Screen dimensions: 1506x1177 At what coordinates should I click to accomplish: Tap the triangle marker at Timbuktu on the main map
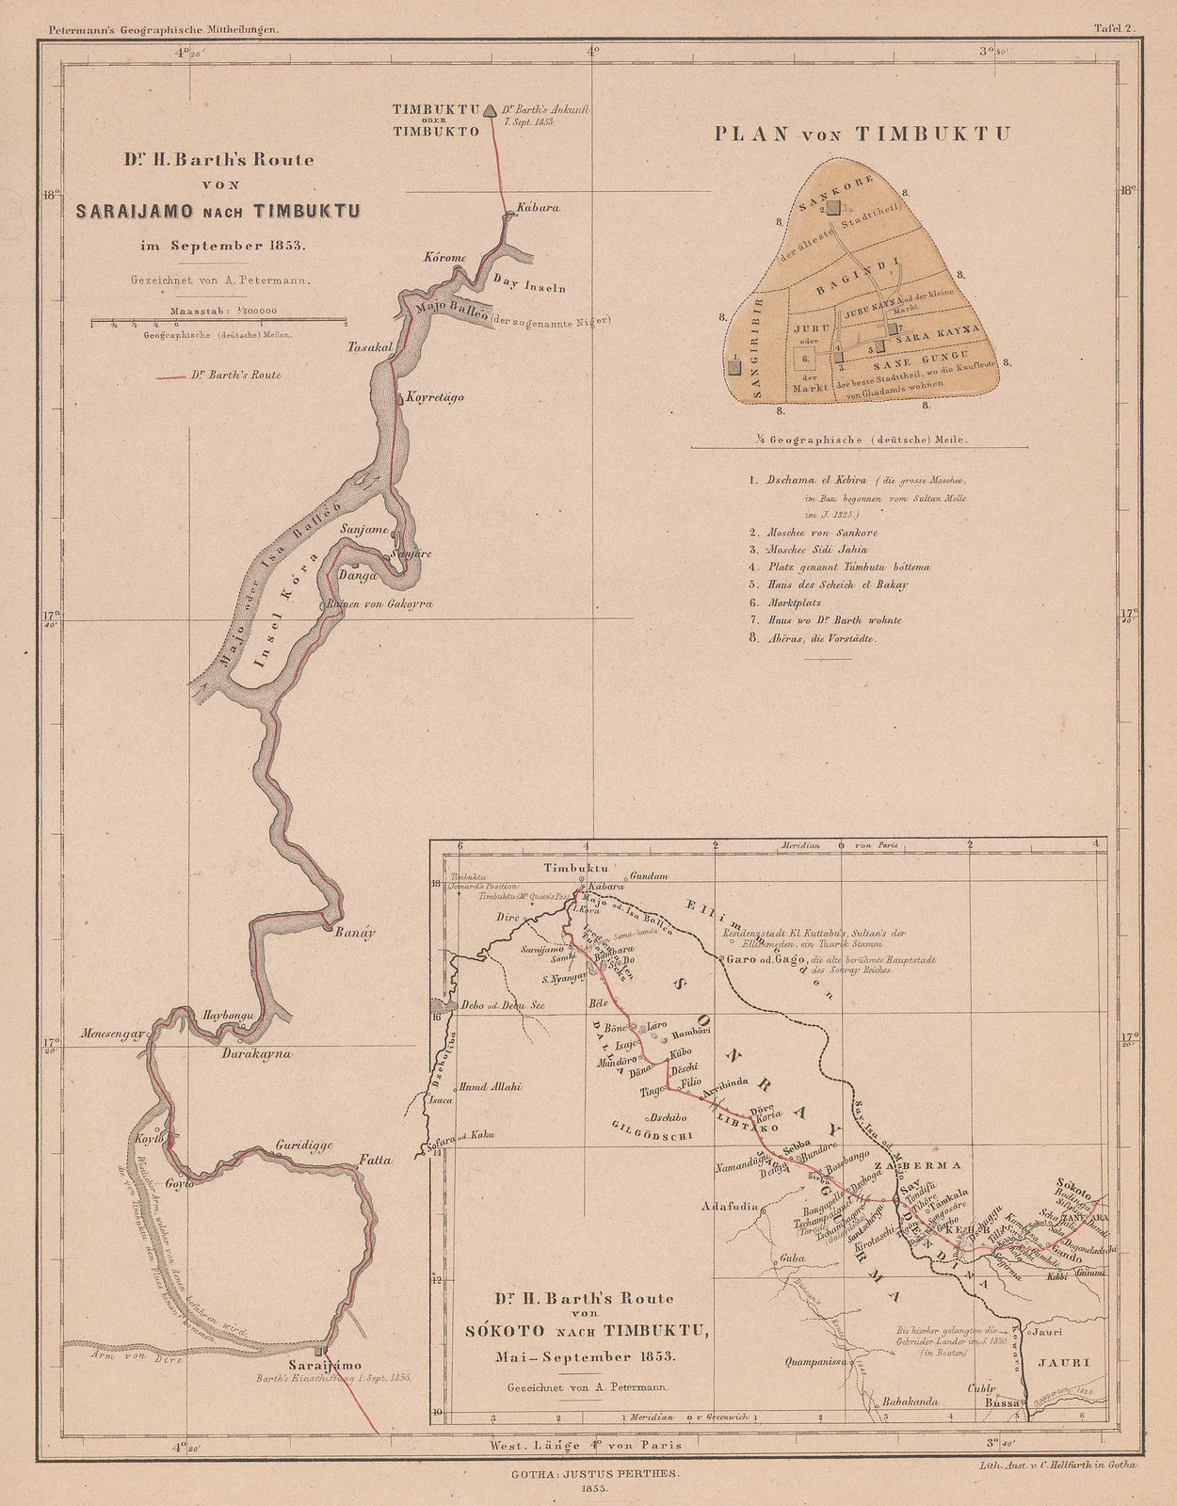489,111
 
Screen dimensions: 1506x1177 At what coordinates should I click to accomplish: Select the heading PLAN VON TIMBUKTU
862,134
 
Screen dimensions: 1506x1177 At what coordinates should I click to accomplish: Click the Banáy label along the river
354,934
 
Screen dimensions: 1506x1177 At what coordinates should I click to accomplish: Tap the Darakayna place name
257,1054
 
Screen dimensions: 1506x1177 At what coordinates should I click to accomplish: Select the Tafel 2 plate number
1116,29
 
